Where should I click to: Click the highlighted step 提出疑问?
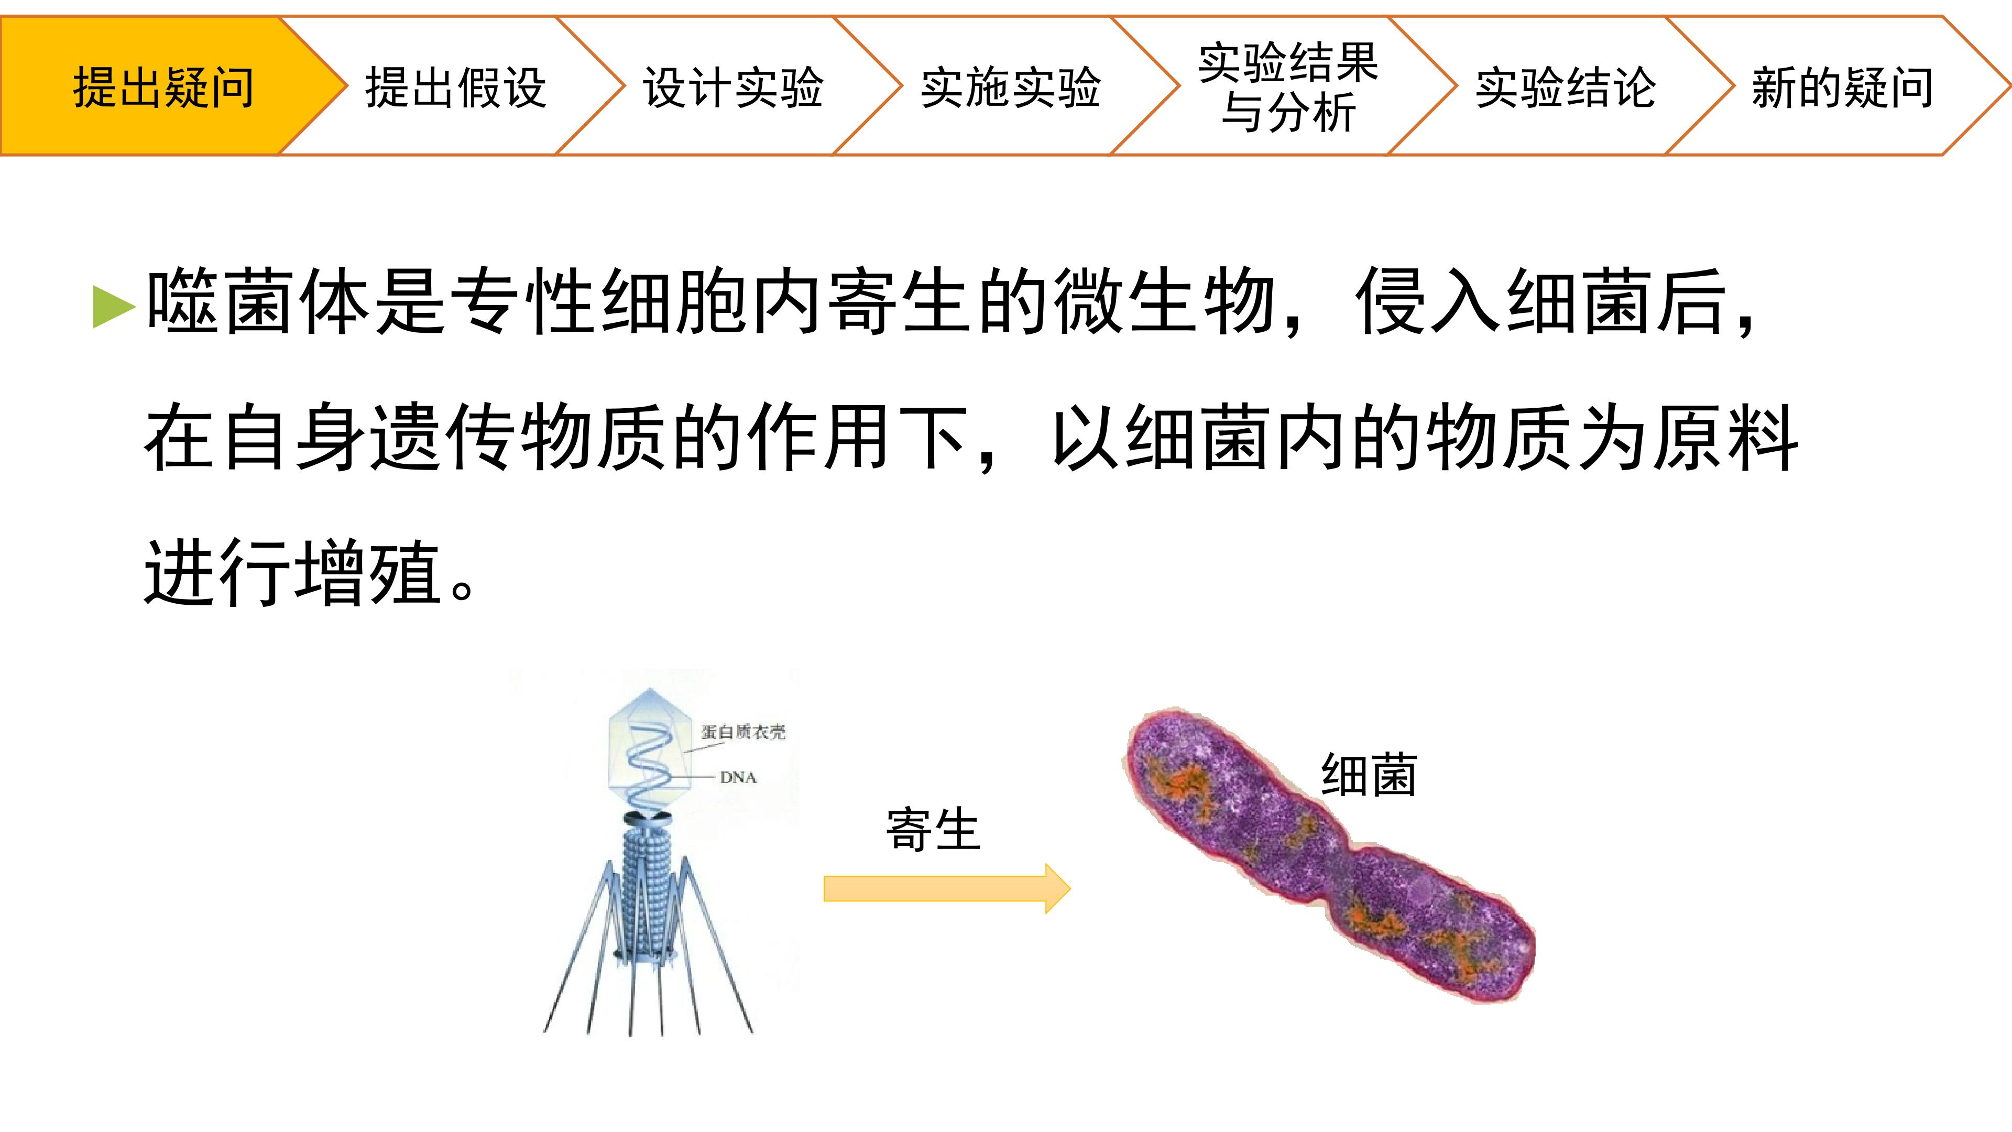164,86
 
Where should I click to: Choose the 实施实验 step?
1011,86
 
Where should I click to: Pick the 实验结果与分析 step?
1288,86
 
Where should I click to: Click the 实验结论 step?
1565,86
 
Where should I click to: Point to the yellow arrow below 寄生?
947,888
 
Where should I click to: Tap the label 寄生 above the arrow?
933,829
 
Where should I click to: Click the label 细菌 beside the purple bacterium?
1369,775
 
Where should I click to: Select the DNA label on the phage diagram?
738,777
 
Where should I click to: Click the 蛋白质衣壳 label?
743,732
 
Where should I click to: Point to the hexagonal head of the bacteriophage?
650,750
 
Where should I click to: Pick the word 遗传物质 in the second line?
520,438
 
